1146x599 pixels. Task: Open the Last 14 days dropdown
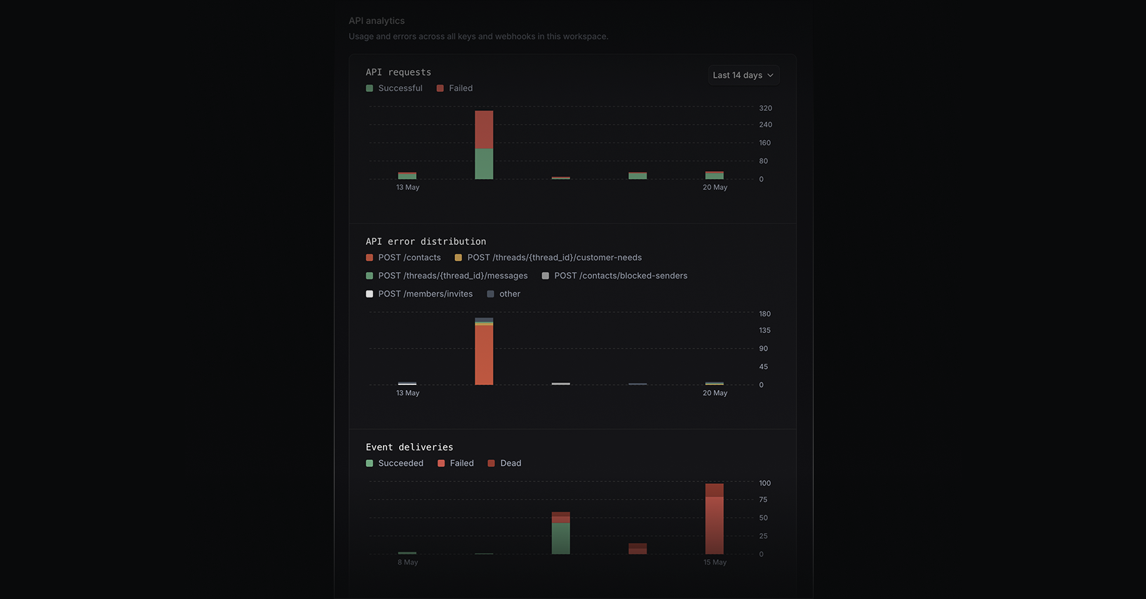click(743, 75)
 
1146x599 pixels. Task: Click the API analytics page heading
click(377, 21)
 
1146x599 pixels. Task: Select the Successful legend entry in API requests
click(394, 88)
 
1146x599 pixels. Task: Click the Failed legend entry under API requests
click(454, 88)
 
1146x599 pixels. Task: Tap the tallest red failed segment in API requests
click(484, 130)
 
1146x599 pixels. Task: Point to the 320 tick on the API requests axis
click(765, 108)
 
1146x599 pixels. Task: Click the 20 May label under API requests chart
click(715, 187)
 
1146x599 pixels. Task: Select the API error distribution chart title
click(426, 241)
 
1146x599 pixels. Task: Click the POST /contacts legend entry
click(403, 257)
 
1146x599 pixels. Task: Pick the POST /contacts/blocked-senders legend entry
click(614, 276)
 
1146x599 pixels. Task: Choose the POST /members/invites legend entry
click(419, 294)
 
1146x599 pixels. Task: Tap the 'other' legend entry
click(504, 294)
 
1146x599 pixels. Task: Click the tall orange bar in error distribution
click(484, 355)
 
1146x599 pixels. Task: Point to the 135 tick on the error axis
click(765, 330)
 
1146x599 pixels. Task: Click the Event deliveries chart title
click(410, 447)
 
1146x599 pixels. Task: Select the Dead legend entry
click(504, 463)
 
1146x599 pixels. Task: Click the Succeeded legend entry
click(394, 463)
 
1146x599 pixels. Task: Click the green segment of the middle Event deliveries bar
click(560, 538)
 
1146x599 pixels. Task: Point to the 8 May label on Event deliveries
click(407, 562)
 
